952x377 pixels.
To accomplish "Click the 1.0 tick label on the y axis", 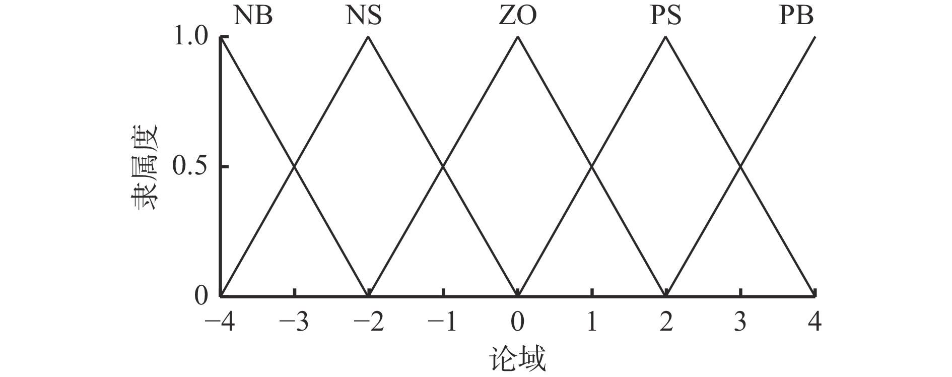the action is click(x=190, y=37).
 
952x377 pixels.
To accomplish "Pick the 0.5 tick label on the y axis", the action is click(x=190, y=166).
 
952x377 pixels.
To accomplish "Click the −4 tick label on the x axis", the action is click(x=220, y=322).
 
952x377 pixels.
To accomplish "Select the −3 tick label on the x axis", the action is click(x=295, y=322).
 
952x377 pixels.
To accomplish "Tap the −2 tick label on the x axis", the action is click(x=369, y=322).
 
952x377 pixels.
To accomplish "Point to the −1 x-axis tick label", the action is click(x=443, y=322).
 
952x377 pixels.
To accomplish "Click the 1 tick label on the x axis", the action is click(x=592, y=322).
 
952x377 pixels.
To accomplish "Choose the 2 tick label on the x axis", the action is click(x=666, y=322).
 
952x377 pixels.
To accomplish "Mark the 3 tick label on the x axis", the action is click(x=740, y=322).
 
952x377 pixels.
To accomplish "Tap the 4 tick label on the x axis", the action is click(x=814, y=322).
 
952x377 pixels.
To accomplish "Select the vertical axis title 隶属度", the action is click(x=145, y=167).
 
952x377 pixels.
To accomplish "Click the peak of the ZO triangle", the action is click(x=517, y=37).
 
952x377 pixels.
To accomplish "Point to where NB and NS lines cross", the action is click(x=295, y=166).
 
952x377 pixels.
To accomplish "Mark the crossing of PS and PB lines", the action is click(x=740, y=166).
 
